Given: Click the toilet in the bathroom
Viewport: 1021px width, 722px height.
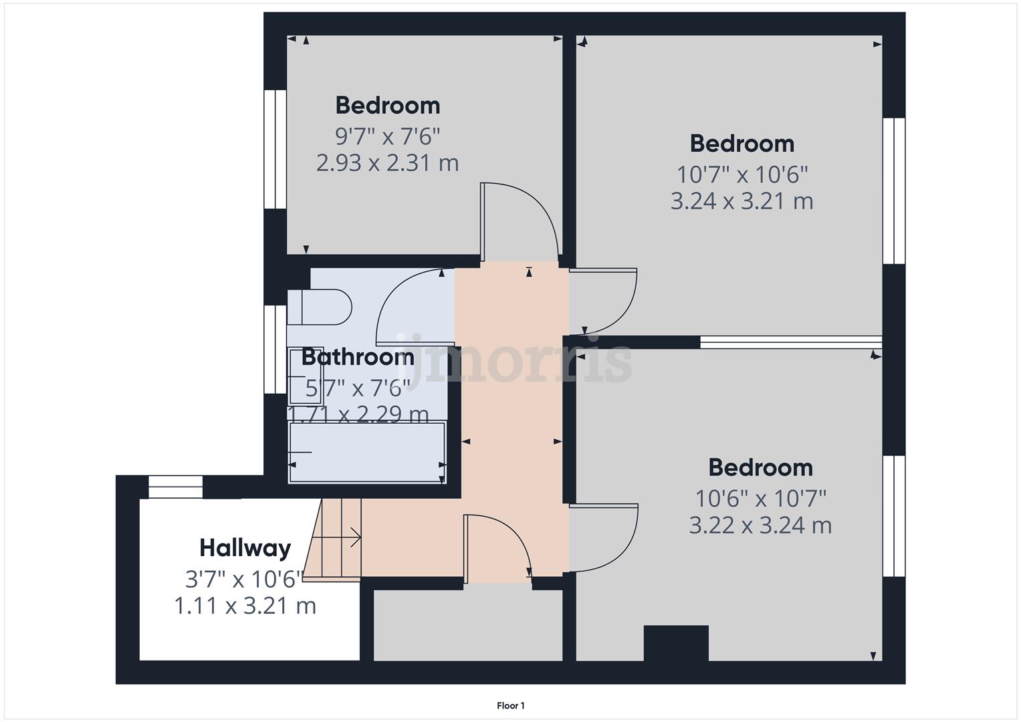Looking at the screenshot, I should pos(320,307).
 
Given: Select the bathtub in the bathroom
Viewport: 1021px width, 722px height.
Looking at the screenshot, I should pos(367,452).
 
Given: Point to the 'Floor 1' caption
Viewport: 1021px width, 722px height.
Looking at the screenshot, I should pos(511,705).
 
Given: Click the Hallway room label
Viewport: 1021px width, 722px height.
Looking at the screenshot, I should pos(245,548).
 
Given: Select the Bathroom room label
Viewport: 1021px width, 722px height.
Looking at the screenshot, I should pos(358,357).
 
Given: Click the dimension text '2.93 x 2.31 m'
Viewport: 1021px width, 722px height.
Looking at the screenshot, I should pos(387,163).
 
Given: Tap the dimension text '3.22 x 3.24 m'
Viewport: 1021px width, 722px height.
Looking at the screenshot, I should pos(760,525).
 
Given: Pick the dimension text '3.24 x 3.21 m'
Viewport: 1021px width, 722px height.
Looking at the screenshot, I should pos(742,201).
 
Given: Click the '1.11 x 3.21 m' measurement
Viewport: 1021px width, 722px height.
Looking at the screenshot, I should pos(245,606).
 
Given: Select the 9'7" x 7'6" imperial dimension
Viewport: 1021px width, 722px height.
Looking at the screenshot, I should pos(387,137).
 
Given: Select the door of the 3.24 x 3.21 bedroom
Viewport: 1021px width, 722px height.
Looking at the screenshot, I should pos(605,301).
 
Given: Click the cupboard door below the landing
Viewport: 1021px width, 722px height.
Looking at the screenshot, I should pos(498,545).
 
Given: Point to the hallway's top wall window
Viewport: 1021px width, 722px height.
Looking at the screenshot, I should pos(175,487).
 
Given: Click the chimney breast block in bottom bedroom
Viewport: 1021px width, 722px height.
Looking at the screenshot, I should pos(675,642).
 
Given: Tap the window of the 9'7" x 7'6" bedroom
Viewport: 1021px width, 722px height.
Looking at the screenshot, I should pos(275,150).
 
